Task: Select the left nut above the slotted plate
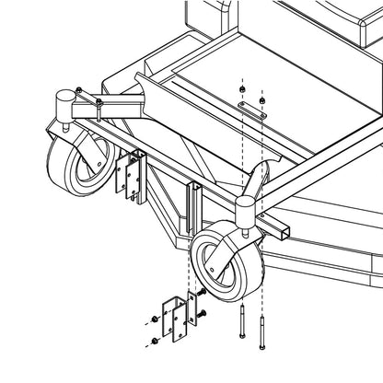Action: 242,89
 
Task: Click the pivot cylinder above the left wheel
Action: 65,100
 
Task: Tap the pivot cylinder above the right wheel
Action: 247,211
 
